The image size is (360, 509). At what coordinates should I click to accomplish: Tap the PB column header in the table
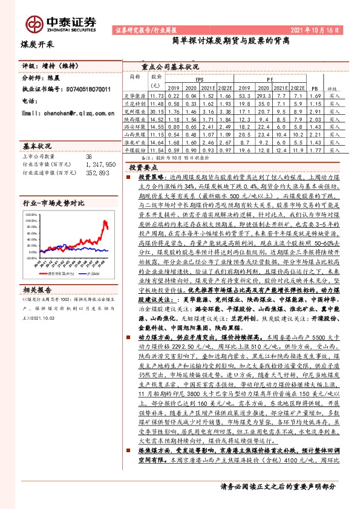[x=313, y=88]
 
